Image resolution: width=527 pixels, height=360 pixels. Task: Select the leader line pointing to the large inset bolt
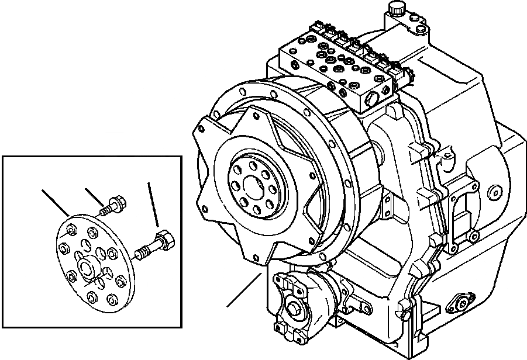153,205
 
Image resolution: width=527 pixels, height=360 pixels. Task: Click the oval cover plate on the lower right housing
461,303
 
